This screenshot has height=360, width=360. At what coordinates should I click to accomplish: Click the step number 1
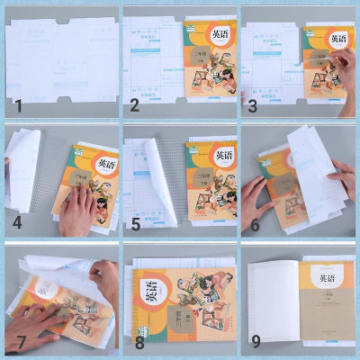17,105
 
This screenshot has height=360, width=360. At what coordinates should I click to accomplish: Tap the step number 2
134,105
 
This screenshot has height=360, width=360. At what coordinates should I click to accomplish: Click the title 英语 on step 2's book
219,34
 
